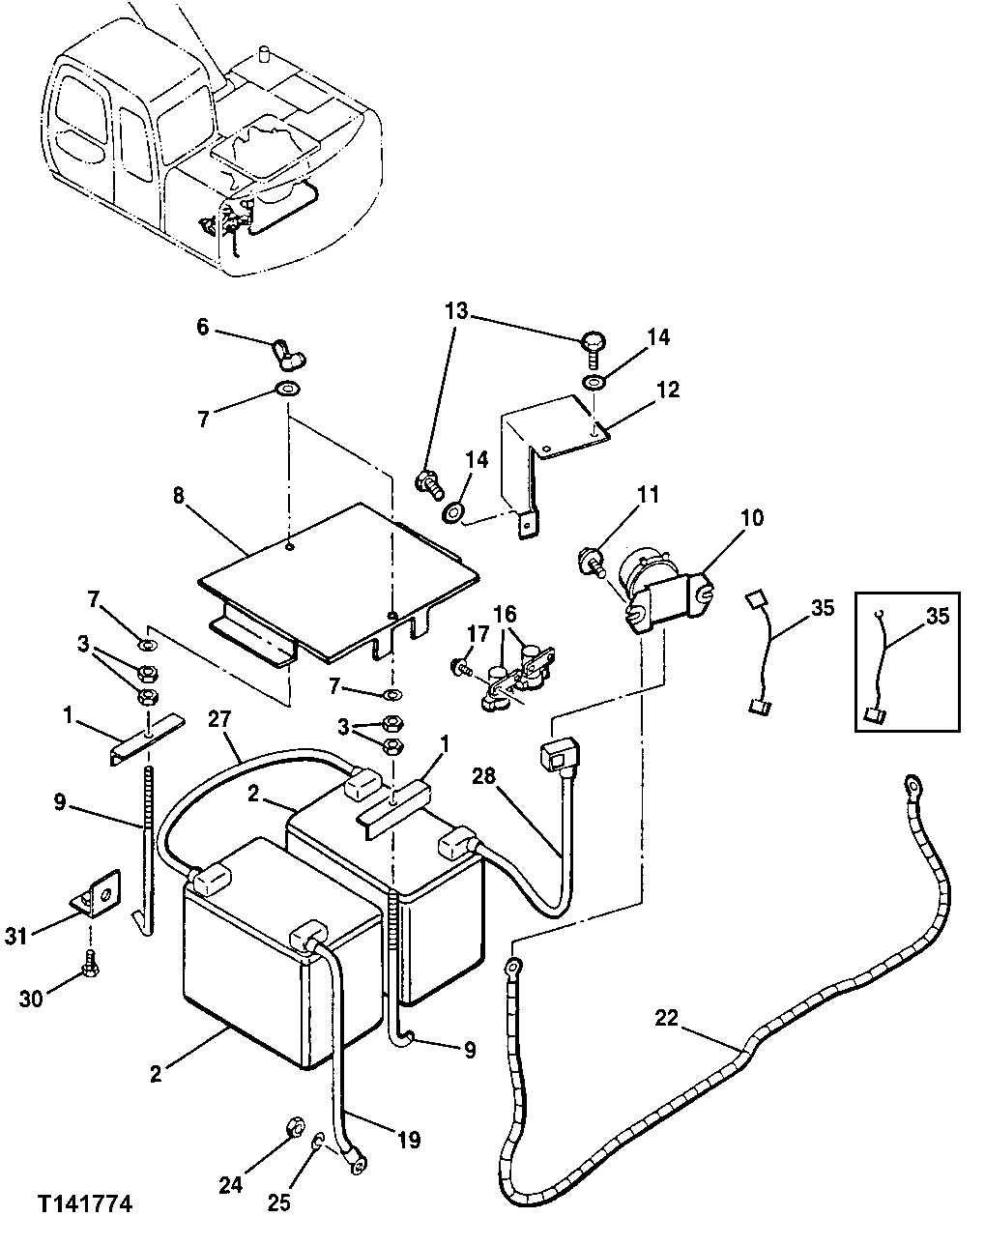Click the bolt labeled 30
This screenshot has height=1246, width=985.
[90, 962]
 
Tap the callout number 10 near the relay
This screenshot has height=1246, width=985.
[752, 517]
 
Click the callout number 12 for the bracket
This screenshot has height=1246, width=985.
[668, 390]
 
